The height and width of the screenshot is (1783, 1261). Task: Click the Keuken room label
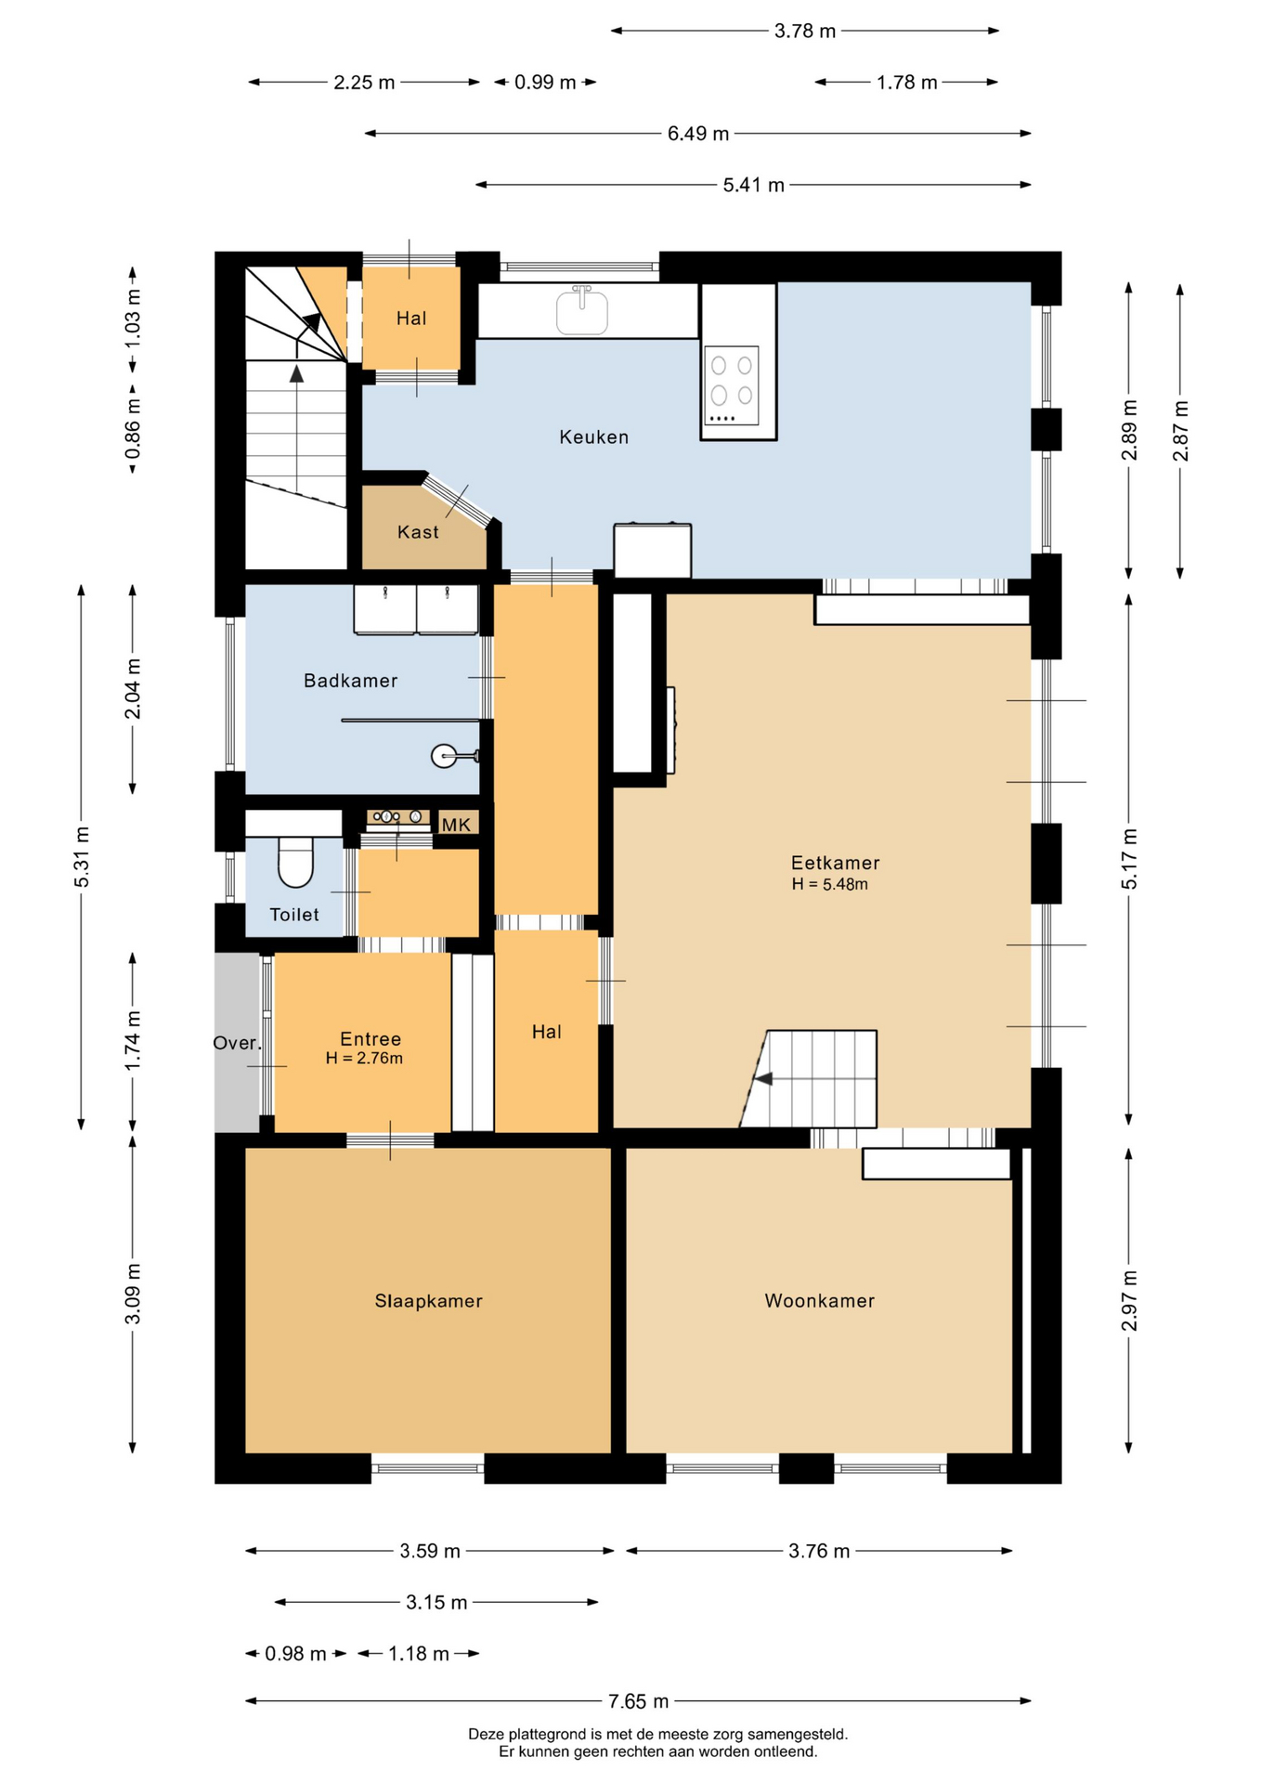click(x=593, y=436)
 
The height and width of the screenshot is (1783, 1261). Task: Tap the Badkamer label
click(x=350, y=681)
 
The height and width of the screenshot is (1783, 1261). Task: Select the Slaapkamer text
click(x=428, y=1301)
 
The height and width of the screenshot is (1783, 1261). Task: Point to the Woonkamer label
click(x=819, y=1301)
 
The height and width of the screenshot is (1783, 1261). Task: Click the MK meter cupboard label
click(x=456, y=825)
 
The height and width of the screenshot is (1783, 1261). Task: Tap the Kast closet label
click(x=418, y=532)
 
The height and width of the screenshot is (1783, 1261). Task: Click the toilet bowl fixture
click(x=296, y=862)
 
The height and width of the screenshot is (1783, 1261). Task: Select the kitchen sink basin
click(x=582, y=312)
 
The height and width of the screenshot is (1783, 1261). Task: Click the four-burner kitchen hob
click(x=732, y=385)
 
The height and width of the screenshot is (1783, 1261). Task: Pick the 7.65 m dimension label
click(x=638, y=1701)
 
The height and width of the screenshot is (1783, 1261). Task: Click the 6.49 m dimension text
click(x=697, y=134)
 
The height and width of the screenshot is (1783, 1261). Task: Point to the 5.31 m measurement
click(x=82, y=856)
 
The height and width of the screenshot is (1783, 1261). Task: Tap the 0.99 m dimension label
click(x=545, y=83)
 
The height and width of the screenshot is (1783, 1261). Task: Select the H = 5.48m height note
click(x=829, y=884)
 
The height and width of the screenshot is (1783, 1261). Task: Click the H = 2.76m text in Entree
click(x=364, y=1058)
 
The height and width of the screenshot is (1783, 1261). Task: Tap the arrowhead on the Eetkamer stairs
click(x=763, y=1079)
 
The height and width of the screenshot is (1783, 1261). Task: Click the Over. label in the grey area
click(x=238, y=1043)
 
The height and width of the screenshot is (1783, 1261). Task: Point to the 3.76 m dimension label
click(x=819, y=1551)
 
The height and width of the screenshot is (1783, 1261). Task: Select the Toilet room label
click(x=294, y=915)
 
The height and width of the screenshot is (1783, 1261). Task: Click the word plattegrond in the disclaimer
click(x=544, y=1734)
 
